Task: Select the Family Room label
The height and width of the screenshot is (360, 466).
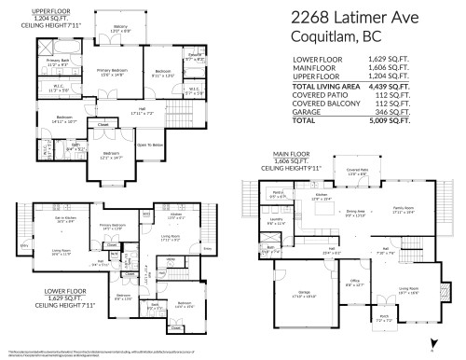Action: coord(404,210)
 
